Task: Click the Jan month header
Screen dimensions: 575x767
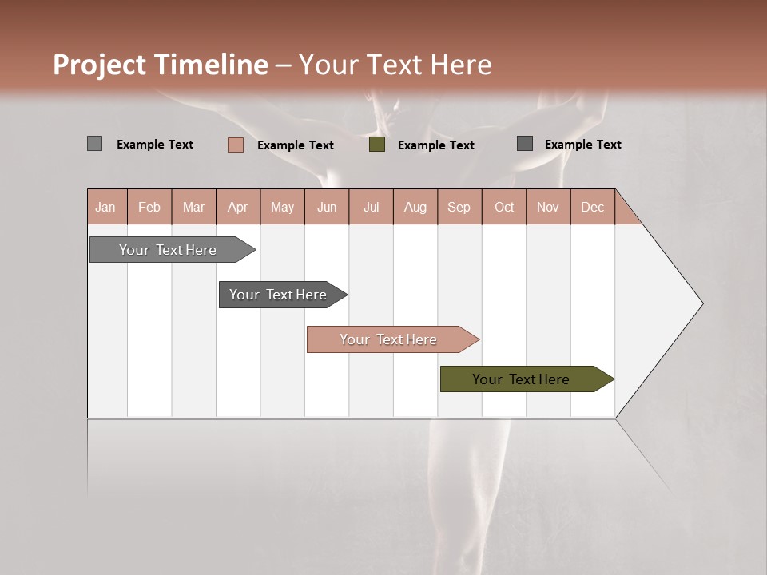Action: pyautogui.click(x=105, y=207)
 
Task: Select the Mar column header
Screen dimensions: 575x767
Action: pyautogui.click(x=193, y=207)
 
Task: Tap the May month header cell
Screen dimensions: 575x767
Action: pyautogui.click(x=282, y=207)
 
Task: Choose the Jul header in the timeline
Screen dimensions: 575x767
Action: pyautogui.click(x=371, y=207)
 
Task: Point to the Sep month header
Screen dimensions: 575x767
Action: pyautogui.click(x=459, y=207)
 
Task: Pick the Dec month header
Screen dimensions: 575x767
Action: pyautogui.click(x=592, y=207)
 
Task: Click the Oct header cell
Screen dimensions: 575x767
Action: pyautogui.click(x=504, y=207)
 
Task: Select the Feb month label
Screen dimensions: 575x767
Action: pyautogui.click(x=149, y=207)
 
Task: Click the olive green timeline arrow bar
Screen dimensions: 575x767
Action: pyautogui.click(x=520, y=379)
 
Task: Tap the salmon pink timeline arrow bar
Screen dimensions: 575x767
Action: pyautogui.click(x=388, y=339)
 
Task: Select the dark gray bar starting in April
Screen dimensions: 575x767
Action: pyautogui.click(x=278, y=295)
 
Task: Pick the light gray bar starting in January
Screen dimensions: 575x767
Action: pyautogui.click(x=168, y=250)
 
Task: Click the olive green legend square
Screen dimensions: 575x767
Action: pyautogui.click(x=377, y=145)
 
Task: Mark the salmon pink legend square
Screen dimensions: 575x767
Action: pyautogui.click(x=236, y=145)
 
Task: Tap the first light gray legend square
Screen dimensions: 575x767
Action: pyautogui.click(x=95, y=144)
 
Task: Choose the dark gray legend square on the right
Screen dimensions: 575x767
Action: pyautogui.click(x=525, y=144)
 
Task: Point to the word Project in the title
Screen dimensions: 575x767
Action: pyautogui.click(x=100, y=65)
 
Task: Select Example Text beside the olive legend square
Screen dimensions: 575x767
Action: pyautogui.click(x=435, y=145)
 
